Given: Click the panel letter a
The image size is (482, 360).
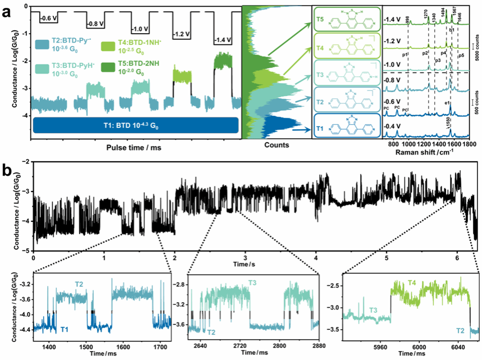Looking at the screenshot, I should (x=10, y=11).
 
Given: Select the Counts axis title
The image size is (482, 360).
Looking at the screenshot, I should (x=278, y=145).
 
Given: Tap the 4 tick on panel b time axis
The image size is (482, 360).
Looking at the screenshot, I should (x=316, y=258).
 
